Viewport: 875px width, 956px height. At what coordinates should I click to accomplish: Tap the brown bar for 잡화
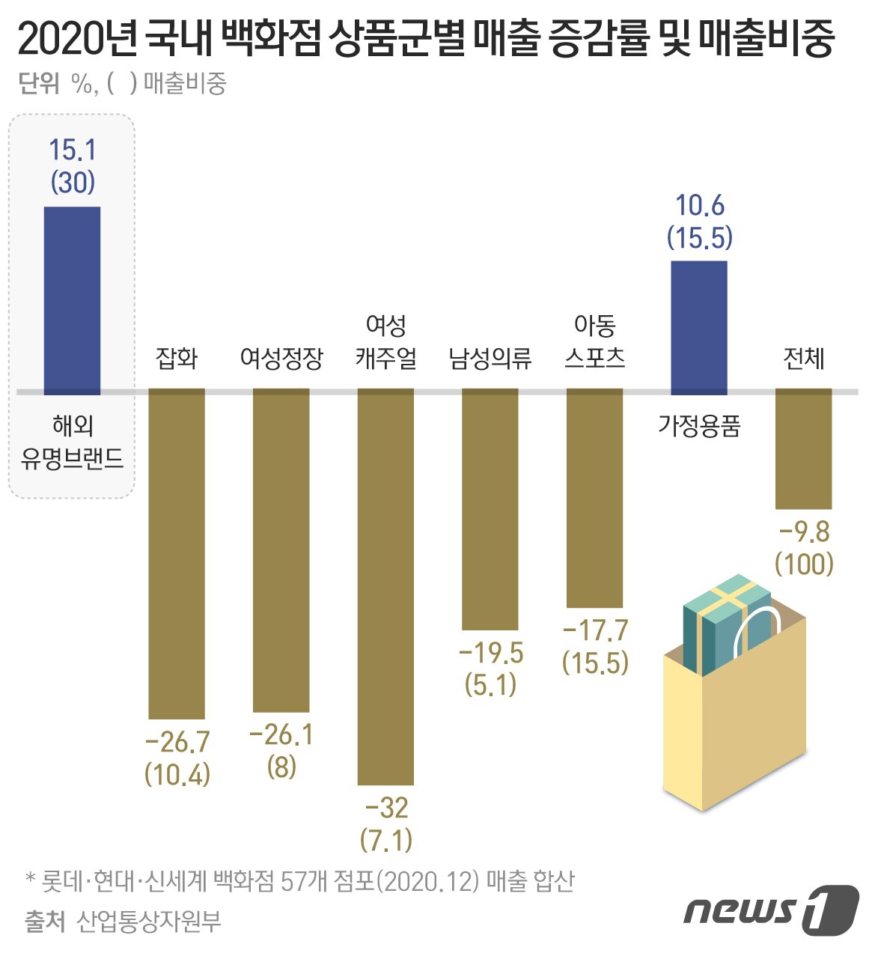(177, 554)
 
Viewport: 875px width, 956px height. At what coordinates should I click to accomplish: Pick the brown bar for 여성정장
(281, 550)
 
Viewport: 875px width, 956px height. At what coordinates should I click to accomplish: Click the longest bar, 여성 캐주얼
(385, 588)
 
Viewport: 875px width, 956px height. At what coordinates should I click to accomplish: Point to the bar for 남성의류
(490, 509)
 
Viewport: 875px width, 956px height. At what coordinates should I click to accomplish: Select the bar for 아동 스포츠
(594, 498)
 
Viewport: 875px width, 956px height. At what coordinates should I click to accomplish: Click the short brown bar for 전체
(803, 449)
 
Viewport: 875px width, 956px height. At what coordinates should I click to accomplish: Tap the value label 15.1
(72, 150)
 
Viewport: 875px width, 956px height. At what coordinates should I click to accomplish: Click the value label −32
(386, 809)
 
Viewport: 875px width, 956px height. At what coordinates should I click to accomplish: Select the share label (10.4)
(177, 774)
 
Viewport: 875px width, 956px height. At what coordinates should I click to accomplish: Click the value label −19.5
(490, 653)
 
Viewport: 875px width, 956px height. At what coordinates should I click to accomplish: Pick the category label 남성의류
(490, 359)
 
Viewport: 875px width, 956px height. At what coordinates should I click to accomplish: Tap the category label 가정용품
(698, 426)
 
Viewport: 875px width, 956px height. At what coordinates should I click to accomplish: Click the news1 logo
(771, 910)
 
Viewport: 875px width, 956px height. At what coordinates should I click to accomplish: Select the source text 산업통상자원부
(149, 922)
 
